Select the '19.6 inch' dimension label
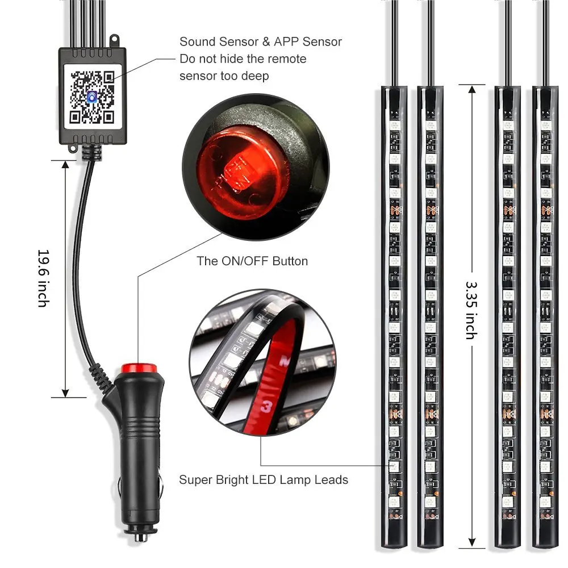[43, 278]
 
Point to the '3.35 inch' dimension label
[471, 310]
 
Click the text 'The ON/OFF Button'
[252, 261]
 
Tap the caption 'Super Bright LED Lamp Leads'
[264, 480]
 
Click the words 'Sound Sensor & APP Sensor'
[261, 41]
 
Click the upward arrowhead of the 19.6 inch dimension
[65, 165]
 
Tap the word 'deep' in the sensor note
[254, 76]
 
